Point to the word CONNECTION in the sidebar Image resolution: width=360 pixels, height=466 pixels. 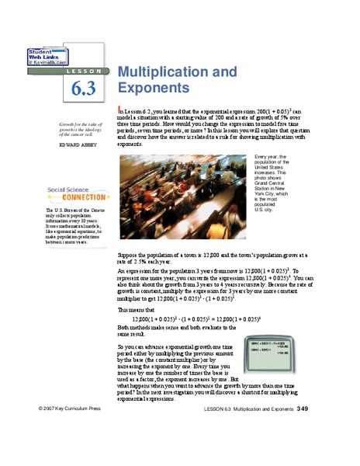tap(67, 197)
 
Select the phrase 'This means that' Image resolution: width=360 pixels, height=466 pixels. tap(133, 308)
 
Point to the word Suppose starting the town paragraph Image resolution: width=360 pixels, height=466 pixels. tap(126, 254)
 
